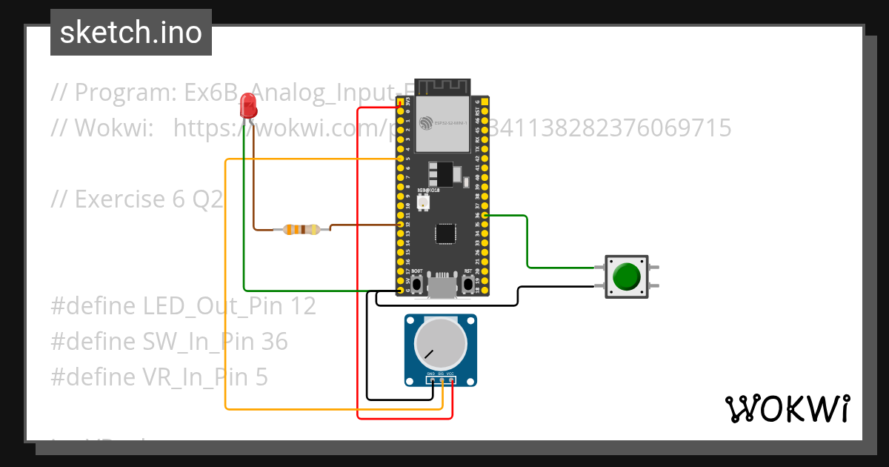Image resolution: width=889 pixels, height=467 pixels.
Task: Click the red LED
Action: coord(249,108)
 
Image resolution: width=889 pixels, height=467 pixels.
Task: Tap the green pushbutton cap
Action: coord(627,276)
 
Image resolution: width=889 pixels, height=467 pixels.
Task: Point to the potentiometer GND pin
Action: coord(432,380)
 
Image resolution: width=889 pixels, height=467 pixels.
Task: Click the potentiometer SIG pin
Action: coord(442,380)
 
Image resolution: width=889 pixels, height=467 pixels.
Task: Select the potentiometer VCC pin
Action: coord(451,380)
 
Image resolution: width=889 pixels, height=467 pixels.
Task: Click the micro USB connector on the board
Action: coord(442,286)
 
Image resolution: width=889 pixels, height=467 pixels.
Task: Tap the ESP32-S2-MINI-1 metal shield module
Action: coord(442,122)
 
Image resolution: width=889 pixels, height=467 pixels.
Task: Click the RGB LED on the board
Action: coord(423,201)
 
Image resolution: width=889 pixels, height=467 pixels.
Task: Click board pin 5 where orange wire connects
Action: coord(401,159)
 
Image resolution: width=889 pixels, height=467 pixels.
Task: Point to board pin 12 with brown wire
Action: coord(401,224)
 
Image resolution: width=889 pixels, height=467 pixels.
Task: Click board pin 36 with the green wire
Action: coord(485,216)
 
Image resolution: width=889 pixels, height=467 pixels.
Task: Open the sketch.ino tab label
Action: coord(131,33)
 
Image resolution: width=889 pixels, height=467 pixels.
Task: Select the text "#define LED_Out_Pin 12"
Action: coord(183,305)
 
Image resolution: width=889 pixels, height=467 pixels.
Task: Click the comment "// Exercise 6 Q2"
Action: coord(137,199)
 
